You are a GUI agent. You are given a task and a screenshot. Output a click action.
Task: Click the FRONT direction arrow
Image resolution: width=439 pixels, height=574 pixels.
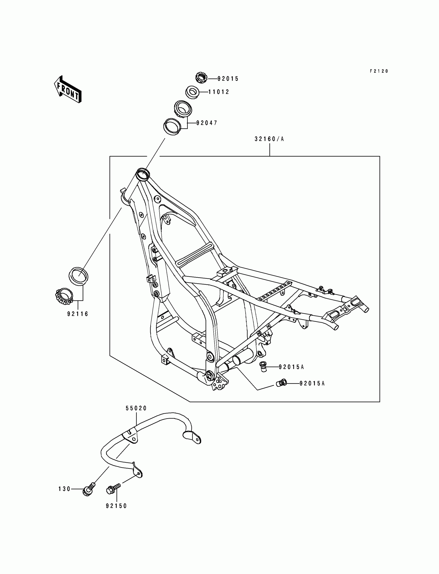[x=67, y=89]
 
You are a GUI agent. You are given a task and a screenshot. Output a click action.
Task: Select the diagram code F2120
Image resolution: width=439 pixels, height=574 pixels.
[x=379, y=71]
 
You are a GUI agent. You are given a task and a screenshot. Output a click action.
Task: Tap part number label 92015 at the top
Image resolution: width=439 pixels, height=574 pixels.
[x=228, y=79]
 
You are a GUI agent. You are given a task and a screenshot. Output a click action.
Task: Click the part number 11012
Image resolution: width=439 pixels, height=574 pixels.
[x=219, y=92]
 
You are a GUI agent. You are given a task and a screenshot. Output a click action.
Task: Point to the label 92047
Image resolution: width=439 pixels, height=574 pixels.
[x=207, y=123]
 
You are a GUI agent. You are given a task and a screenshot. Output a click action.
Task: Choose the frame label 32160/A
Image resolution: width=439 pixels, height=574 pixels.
[x=269, y=139]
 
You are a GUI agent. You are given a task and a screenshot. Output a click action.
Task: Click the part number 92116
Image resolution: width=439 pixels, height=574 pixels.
[x=78, y=314]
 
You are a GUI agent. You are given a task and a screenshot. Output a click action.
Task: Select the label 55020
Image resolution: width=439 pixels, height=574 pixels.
[x=136, y=408]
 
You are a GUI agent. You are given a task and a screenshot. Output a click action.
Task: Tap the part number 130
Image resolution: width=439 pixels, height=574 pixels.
[x=64, y=489]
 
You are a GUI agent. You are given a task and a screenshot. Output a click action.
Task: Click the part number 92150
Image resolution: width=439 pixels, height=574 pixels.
[x=116, y=506]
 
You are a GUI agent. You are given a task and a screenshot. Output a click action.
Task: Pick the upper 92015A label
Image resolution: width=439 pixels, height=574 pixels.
[x=291, y=367]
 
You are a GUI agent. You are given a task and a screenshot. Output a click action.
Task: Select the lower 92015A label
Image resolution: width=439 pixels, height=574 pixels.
[x=312, y=383]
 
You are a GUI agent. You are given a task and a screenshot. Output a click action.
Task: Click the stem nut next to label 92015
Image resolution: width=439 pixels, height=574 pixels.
[x=201, y=78]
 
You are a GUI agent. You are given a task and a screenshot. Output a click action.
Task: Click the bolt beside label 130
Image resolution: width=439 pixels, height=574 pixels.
[x=89, y=490]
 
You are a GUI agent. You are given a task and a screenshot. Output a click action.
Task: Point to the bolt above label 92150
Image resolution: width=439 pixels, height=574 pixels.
[x=113, y=489]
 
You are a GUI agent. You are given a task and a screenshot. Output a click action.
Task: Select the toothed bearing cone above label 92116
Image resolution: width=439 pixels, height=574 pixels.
[x=64, y=297]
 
